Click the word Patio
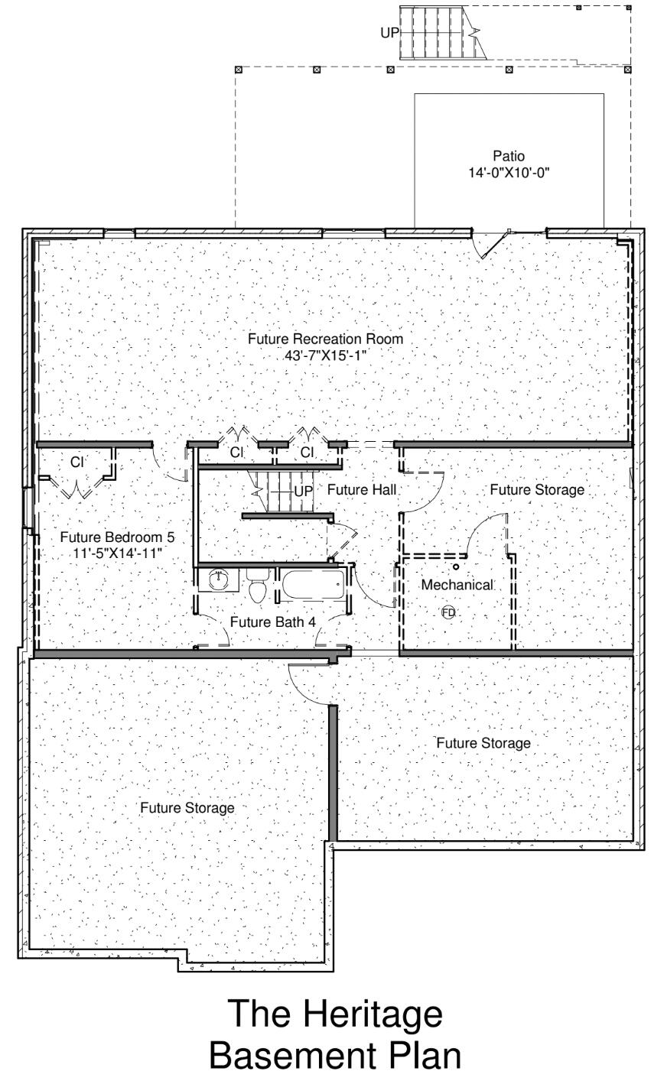click(509, 157)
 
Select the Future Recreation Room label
click(325, 339)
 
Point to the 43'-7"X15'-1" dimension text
click(325, 355)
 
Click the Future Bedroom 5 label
click(122, 537)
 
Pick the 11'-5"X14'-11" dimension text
click(122, 552)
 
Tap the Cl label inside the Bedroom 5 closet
click(76, 462)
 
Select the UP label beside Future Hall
click(304, 492)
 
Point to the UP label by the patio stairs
click(390, 33)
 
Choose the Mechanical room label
click(457, 585)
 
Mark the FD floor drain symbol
click(448, 612)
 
